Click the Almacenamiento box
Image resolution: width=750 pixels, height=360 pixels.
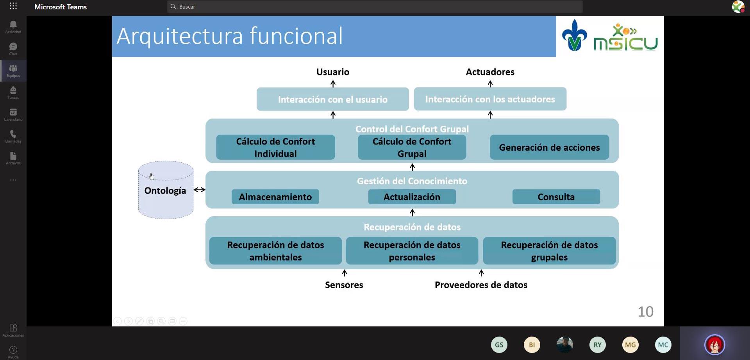pyautogui.click(x=275, y=197)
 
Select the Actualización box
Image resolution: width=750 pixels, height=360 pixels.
pyautogui.click(x=412, y=197)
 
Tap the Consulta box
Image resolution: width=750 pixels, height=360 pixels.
pyautogui.click(x=556, y=197)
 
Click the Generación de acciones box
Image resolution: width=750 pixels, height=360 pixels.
pyautogui.click(x=549, y=147)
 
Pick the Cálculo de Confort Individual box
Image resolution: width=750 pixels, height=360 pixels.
pyautogui.click(x=275, y=147)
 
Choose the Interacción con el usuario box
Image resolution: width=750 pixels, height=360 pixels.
pyautogui.click(x=332, y=99)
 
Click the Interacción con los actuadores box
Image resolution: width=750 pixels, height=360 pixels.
pyautogui.click(x=490, y=99)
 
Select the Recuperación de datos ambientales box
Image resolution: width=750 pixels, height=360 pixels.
pyautogui.click(x=275, y=251)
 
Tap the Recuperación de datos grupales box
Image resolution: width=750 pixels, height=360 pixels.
pyautogui.click(x=549, y=251)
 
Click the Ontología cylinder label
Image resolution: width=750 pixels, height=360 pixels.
pyautogui.click(x=165, y=191)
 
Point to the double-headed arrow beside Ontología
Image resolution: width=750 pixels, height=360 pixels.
pyautogui.click(x=199, y=190)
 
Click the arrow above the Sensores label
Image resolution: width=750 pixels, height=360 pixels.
pyautogui.click(x=344, y=273)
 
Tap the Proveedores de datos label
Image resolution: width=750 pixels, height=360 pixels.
pyautogui.click(x=481, y=285)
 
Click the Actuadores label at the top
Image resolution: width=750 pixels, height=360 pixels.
pyautogui.click(x=490, y=72)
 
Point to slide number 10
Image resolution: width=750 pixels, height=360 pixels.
pyautogui.click(x=645, y=312)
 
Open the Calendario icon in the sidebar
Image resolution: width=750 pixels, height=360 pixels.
pyautogui.click(x=13, y=114)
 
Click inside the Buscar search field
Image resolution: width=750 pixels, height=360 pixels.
pyautogui.click(x=375, y=7)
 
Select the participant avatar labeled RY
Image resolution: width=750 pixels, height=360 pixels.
pyautogui.click(x=597, y=345)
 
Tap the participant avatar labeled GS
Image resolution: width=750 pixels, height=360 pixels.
pyautogui.click(x=499, y=345)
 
